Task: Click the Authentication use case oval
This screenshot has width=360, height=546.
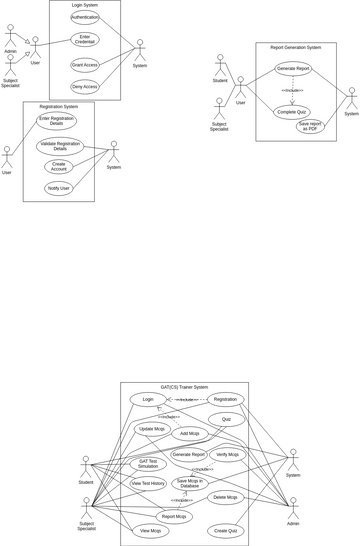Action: [x=85, y=18]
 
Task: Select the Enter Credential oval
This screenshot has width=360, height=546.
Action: [x=85, y=40]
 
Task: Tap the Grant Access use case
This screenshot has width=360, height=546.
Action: [x=85, y=65]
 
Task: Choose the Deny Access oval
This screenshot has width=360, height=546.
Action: [x=85, y=87]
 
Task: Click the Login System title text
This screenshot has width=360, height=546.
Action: [x=85, y=5]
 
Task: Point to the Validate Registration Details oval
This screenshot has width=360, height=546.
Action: [x=60, y=146]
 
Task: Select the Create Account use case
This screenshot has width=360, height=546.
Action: [x=58, y=167]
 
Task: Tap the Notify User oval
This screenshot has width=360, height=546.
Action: [x=59, y=188]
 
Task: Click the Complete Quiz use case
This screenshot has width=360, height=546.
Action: [x=291, y=112]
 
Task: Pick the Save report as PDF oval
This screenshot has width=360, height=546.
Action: [x=310, y=126]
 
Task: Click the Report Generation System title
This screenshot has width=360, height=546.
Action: [x=296, y=47]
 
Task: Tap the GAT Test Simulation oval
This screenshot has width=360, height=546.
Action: [x=148, y=464]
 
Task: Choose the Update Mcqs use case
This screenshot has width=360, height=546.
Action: [x=152, y=429]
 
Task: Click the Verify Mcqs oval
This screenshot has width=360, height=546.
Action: [x=228, y=454]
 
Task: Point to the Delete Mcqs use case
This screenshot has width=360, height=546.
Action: [x=227, y=497]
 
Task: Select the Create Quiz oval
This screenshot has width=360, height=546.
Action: [x=227, y=530]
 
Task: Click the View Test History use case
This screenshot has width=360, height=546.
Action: [x=149, y=483]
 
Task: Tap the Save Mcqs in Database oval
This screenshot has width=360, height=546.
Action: [x=189, y=483]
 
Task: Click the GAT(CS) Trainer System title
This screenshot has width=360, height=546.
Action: [x=184, y=387]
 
